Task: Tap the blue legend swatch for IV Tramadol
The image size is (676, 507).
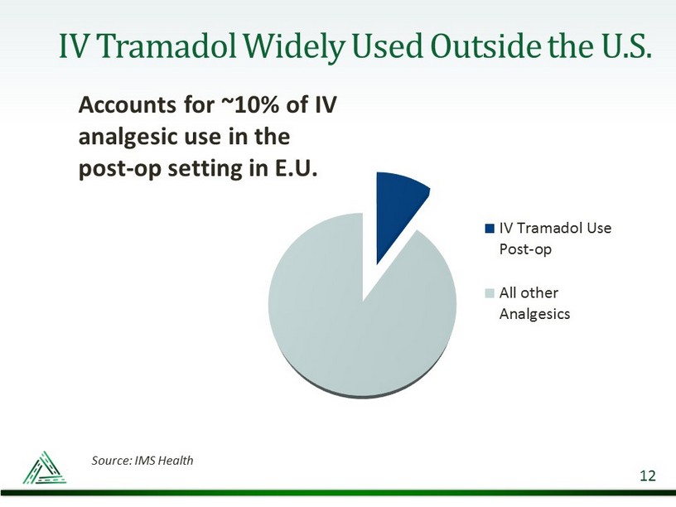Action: click(x=490, y=228)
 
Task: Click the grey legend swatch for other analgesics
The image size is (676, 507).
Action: click(x=490, y=293)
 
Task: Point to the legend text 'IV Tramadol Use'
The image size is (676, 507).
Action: click(x=555, y=228)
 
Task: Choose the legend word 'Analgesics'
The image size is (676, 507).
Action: click(x=534, y=314)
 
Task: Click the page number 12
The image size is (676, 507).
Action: click(x=648, y=476)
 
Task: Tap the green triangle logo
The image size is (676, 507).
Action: click(x=45, y=468)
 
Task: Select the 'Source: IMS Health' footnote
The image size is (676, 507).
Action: click(x=142, y=461)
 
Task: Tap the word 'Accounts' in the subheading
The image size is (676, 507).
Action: click(x=128, y=104)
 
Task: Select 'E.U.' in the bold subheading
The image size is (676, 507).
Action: click(x=296, y=168)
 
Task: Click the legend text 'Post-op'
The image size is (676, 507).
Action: click(x=525, y=249)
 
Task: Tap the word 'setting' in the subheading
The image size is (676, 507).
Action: click(x=204, y=169)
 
